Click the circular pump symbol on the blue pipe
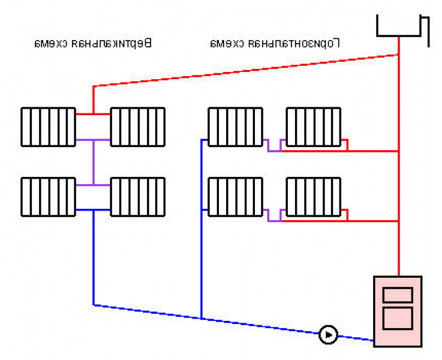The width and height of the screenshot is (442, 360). (329, 335)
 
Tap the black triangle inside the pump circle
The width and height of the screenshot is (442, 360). (329, 335)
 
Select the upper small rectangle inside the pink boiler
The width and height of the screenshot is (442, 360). (398, 295)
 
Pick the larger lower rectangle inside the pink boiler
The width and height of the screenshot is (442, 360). (398, 318)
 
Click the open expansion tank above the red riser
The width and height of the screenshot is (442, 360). (399, 26)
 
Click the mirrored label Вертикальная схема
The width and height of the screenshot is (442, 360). (94, 43)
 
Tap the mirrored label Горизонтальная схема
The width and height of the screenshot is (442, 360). (275, 43)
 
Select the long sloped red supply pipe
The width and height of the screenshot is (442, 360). (245, 70)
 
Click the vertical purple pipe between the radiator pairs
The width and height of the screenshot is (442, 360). (94, 163)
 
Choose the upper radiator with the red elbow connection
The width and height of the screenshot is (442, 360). (314, 127)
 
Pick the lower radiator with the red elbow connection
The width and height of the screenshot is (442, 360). (314, 197)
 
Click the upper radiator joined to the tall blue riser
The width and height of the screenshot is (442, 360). (235, 127)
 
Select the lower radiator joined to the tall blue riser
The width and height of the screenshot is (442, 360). (235, 197)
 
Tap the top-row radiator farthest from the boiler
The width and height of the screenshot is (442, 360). (49, 127)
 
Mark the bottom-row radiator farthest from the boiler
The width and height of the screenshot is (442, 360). (49, 197)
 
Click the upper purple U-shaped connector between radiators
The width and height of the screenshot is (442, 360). (274, 151)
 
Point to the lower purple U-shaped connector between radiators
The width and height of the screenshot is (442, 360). (274, 221)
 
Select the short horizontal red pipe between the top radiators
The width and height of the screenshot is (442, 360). (94, 114)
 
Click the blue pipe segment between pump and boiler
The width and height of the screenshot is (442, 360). (356, 338)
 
